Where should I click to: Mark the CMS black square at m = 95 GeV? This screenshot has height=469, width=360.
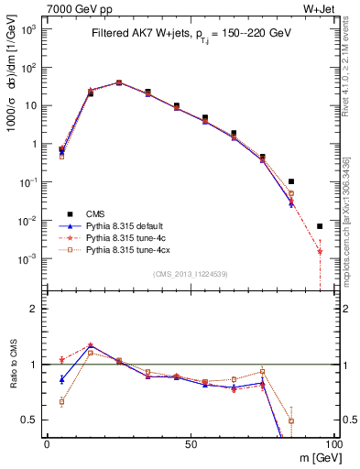tap(320, 226)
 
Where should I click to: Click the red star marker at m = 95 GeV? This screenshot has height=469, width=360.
tap(320, 250)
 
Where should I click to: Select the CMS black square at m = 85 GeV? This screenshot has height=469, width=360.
tap(290, 181)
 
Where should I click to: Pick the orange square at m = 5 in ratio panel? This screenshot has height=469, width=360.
tap(61, 401)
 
